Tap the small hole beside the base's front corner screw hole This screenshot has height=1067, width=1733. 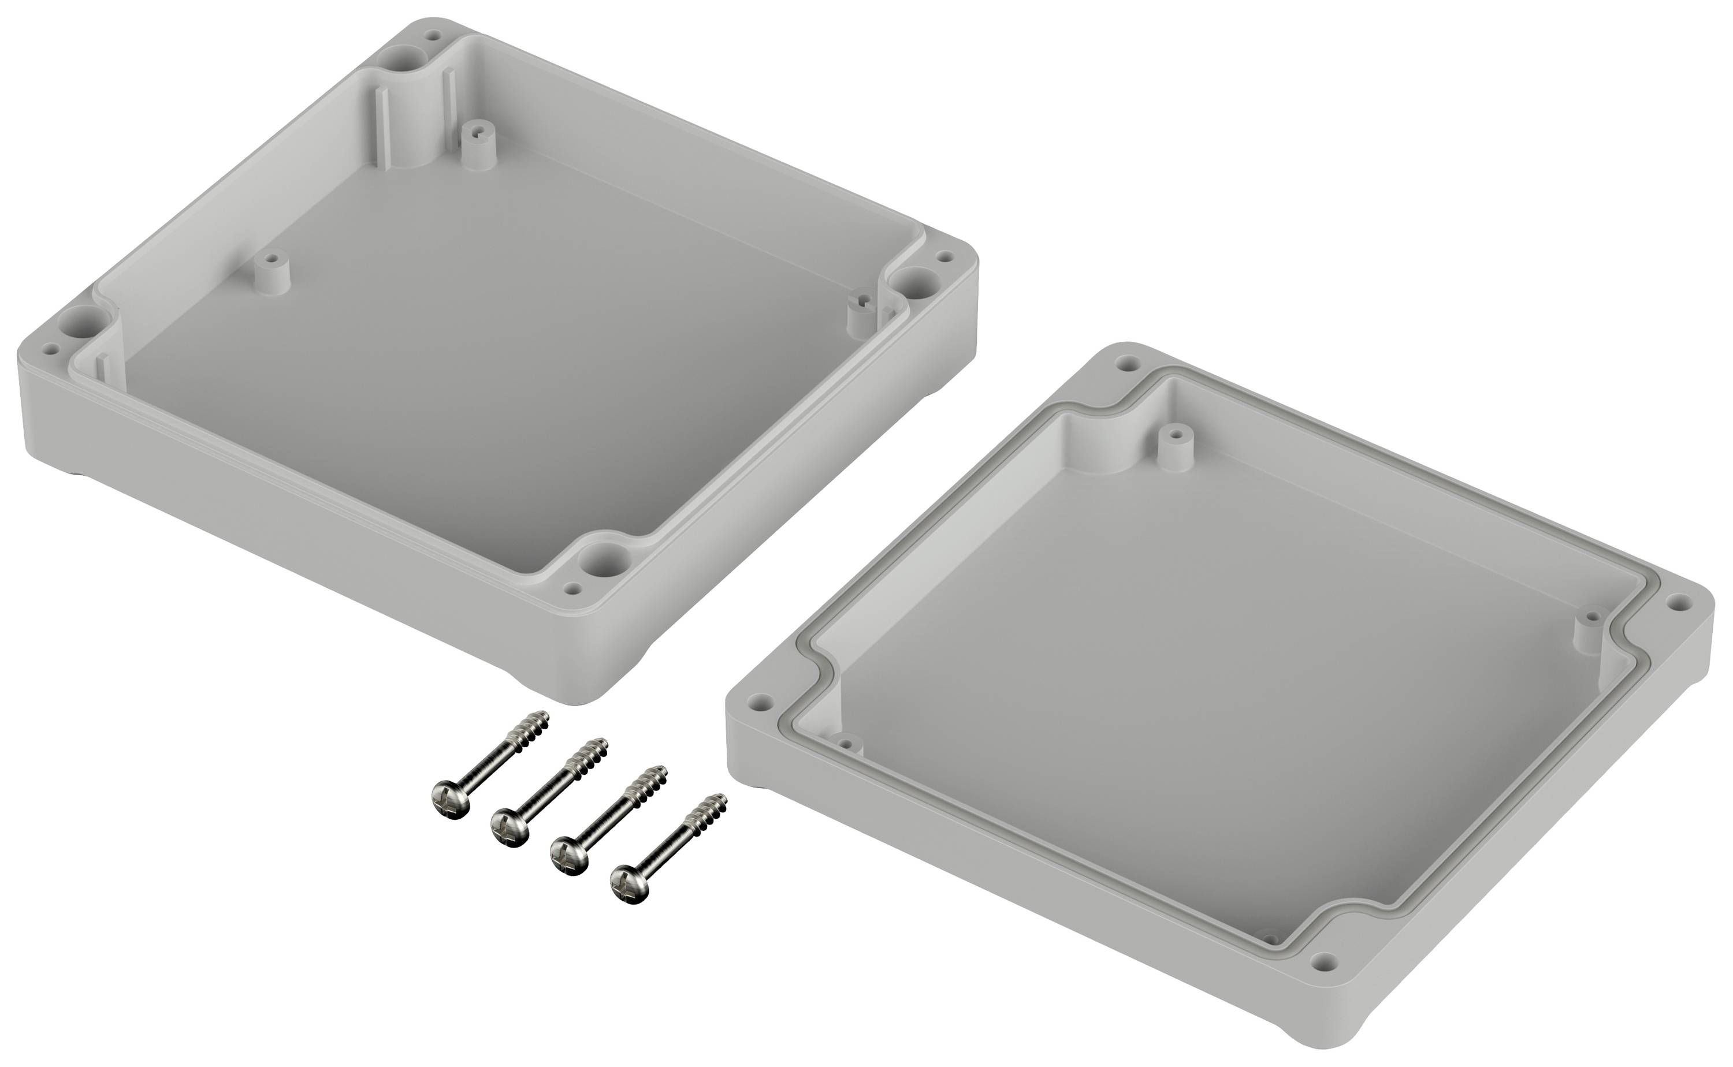pyautogui.click(x=574, y=588)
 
